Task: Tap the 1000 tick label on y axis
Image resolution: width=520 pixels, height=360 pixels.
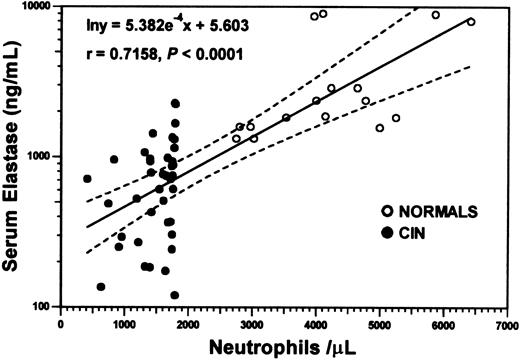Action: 41,157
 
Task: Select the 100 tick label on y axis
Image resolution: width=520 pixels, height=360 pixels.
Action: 44,307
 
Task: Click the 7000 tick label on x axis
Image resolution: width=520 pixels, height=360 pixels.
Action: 506,325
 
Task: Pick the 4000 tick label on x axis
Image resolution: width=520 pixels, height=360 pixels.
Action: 316,325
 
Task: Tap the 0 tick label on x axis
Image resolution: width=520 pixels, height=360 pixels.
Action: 62,325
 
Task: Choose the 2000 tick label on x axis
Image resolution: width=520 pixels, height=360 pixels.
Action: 189,325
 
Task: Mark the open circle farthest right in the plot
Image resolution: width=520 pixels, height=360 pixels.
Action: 471,21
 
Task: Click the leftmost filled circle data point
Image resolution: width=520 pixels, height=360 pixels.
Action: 87,179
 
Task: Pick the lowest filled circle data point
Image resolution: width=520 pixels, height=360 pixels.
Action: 175,295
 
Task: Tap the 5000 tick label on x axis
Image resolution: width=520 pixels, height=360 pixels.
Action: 379,325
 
